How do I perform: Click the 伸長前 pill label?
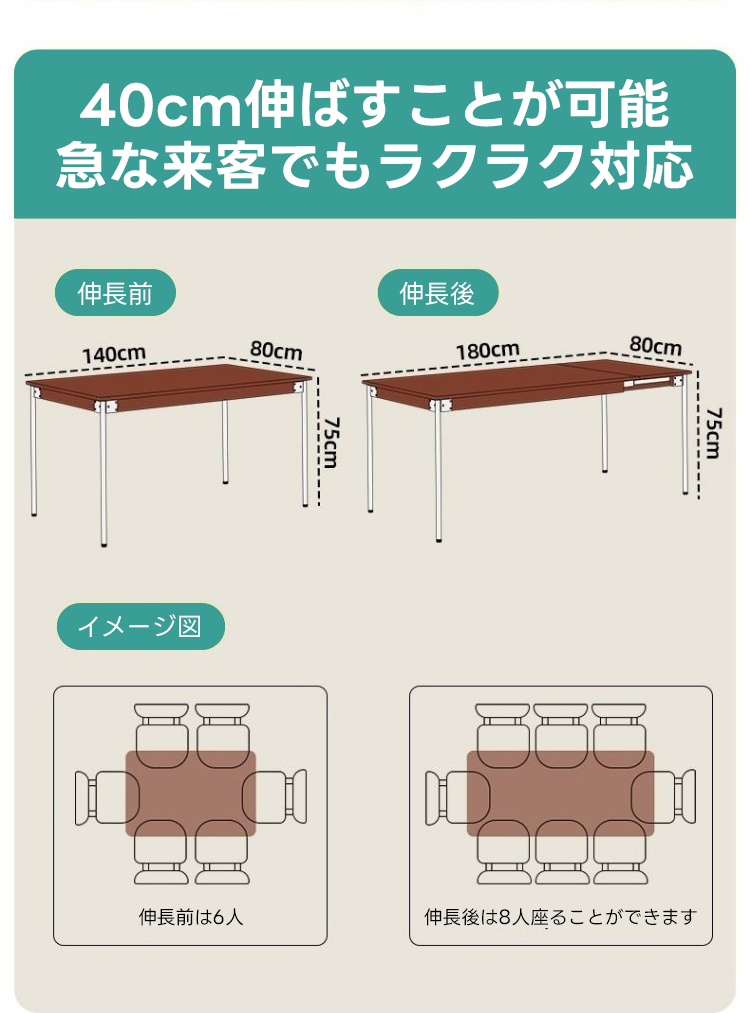[115, 293]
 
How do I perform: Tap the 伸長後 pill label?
[437, 293]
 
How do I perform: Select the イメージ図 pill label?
[140, 626]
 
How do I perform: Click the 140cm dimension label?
[113, 354]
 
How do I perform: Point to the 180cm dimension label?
[488, 351]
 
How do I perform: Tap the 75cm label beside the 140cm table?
[331, 443]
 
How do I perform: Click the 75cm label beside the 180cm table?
[713, 433]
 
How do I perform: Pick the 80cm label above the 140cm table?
[276, 350]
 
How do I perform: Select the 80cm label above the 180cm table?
[656, 346]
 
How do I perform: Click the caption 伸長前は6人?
[191, 917]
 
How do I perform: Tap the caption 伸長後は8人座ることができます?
[561, 917]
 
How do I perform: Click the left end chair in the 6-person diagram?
[107, 797]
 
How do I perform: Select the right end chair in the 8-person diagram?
[663, 797]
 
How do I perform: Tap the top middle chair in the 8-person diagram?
[561, 735]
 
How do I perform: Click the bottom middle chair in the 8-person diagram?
[561, 852]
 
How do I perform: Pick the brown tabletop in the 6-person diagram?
[191, 794]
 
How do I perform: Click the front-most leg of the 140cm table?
[103, 475]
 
